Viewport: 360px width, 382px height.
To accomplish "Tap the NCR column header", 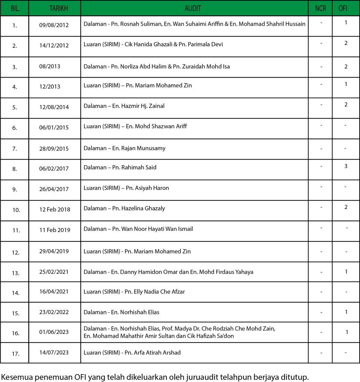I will click(x=320, y=8).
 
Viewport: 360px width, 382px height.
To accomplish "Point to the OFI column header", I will click(x=346, y=8).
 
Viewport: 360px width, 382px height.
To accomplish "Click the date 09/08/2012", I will click(x=54, y=25).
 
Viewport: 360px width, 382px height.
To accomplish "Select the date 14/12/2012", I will click(x=54, y=46).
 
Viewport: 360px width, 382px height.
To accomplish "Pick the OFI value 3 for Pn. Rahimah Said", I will click(x=346, y=166).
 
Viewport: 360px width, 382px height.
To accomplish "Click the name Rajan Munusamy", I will click(x=143, y=148).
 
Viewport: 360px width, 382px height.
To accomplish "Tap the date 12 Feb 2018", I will click(x=55, y=209).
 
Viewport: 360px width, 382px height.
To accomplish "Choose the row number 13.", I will click(x=15, y=273).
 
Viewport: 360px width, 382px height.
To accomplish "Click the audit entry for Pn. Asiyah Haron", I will click(x=126, y=188).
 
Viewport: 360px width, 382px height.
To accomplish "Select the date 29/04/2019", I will click(x=54, y=251).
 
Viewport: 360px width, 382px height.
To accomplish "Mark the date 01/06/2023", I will click(x=54, y=332).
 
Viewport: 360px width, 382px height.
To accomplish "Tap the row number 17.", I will click(x=15, y=354).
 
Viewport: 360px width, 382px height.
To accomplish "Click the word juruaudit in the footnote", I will click(x=202, y=377).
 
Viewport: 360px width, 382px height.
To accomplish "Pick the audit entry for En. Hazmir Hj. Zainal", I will click(x=124, y=106).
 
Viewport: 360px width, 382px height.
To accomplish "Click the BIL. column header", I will click(x=15, y=8).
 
